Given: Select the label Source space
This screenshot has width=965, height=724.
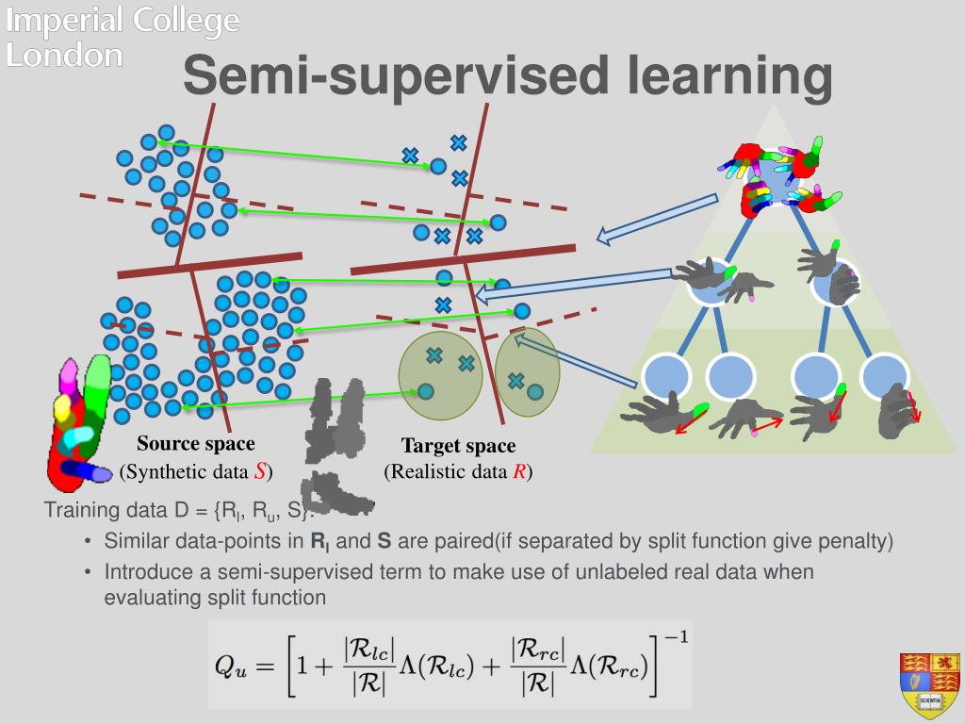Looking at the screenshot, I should point(196,444).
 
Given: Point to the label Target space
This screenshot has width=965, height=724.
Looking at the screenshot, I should point(459,446).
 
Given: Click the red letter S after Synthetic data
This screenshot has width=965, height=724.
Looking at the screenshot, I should point(259,471).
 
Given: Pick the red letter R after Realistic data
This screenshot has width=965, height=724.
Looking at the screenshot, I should point(518,472).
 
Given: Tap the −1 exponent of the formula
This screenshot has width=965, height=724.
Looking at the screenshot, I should point(676,637).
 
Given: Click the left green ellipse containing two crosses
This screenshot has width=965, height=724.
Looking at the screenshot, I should point(440,375).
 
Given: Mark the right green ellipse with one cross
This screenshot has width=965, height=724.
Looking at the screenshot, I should point(528,372).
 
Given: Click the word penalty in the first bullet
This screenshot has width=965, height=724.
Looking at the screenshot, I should point(860,542).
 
